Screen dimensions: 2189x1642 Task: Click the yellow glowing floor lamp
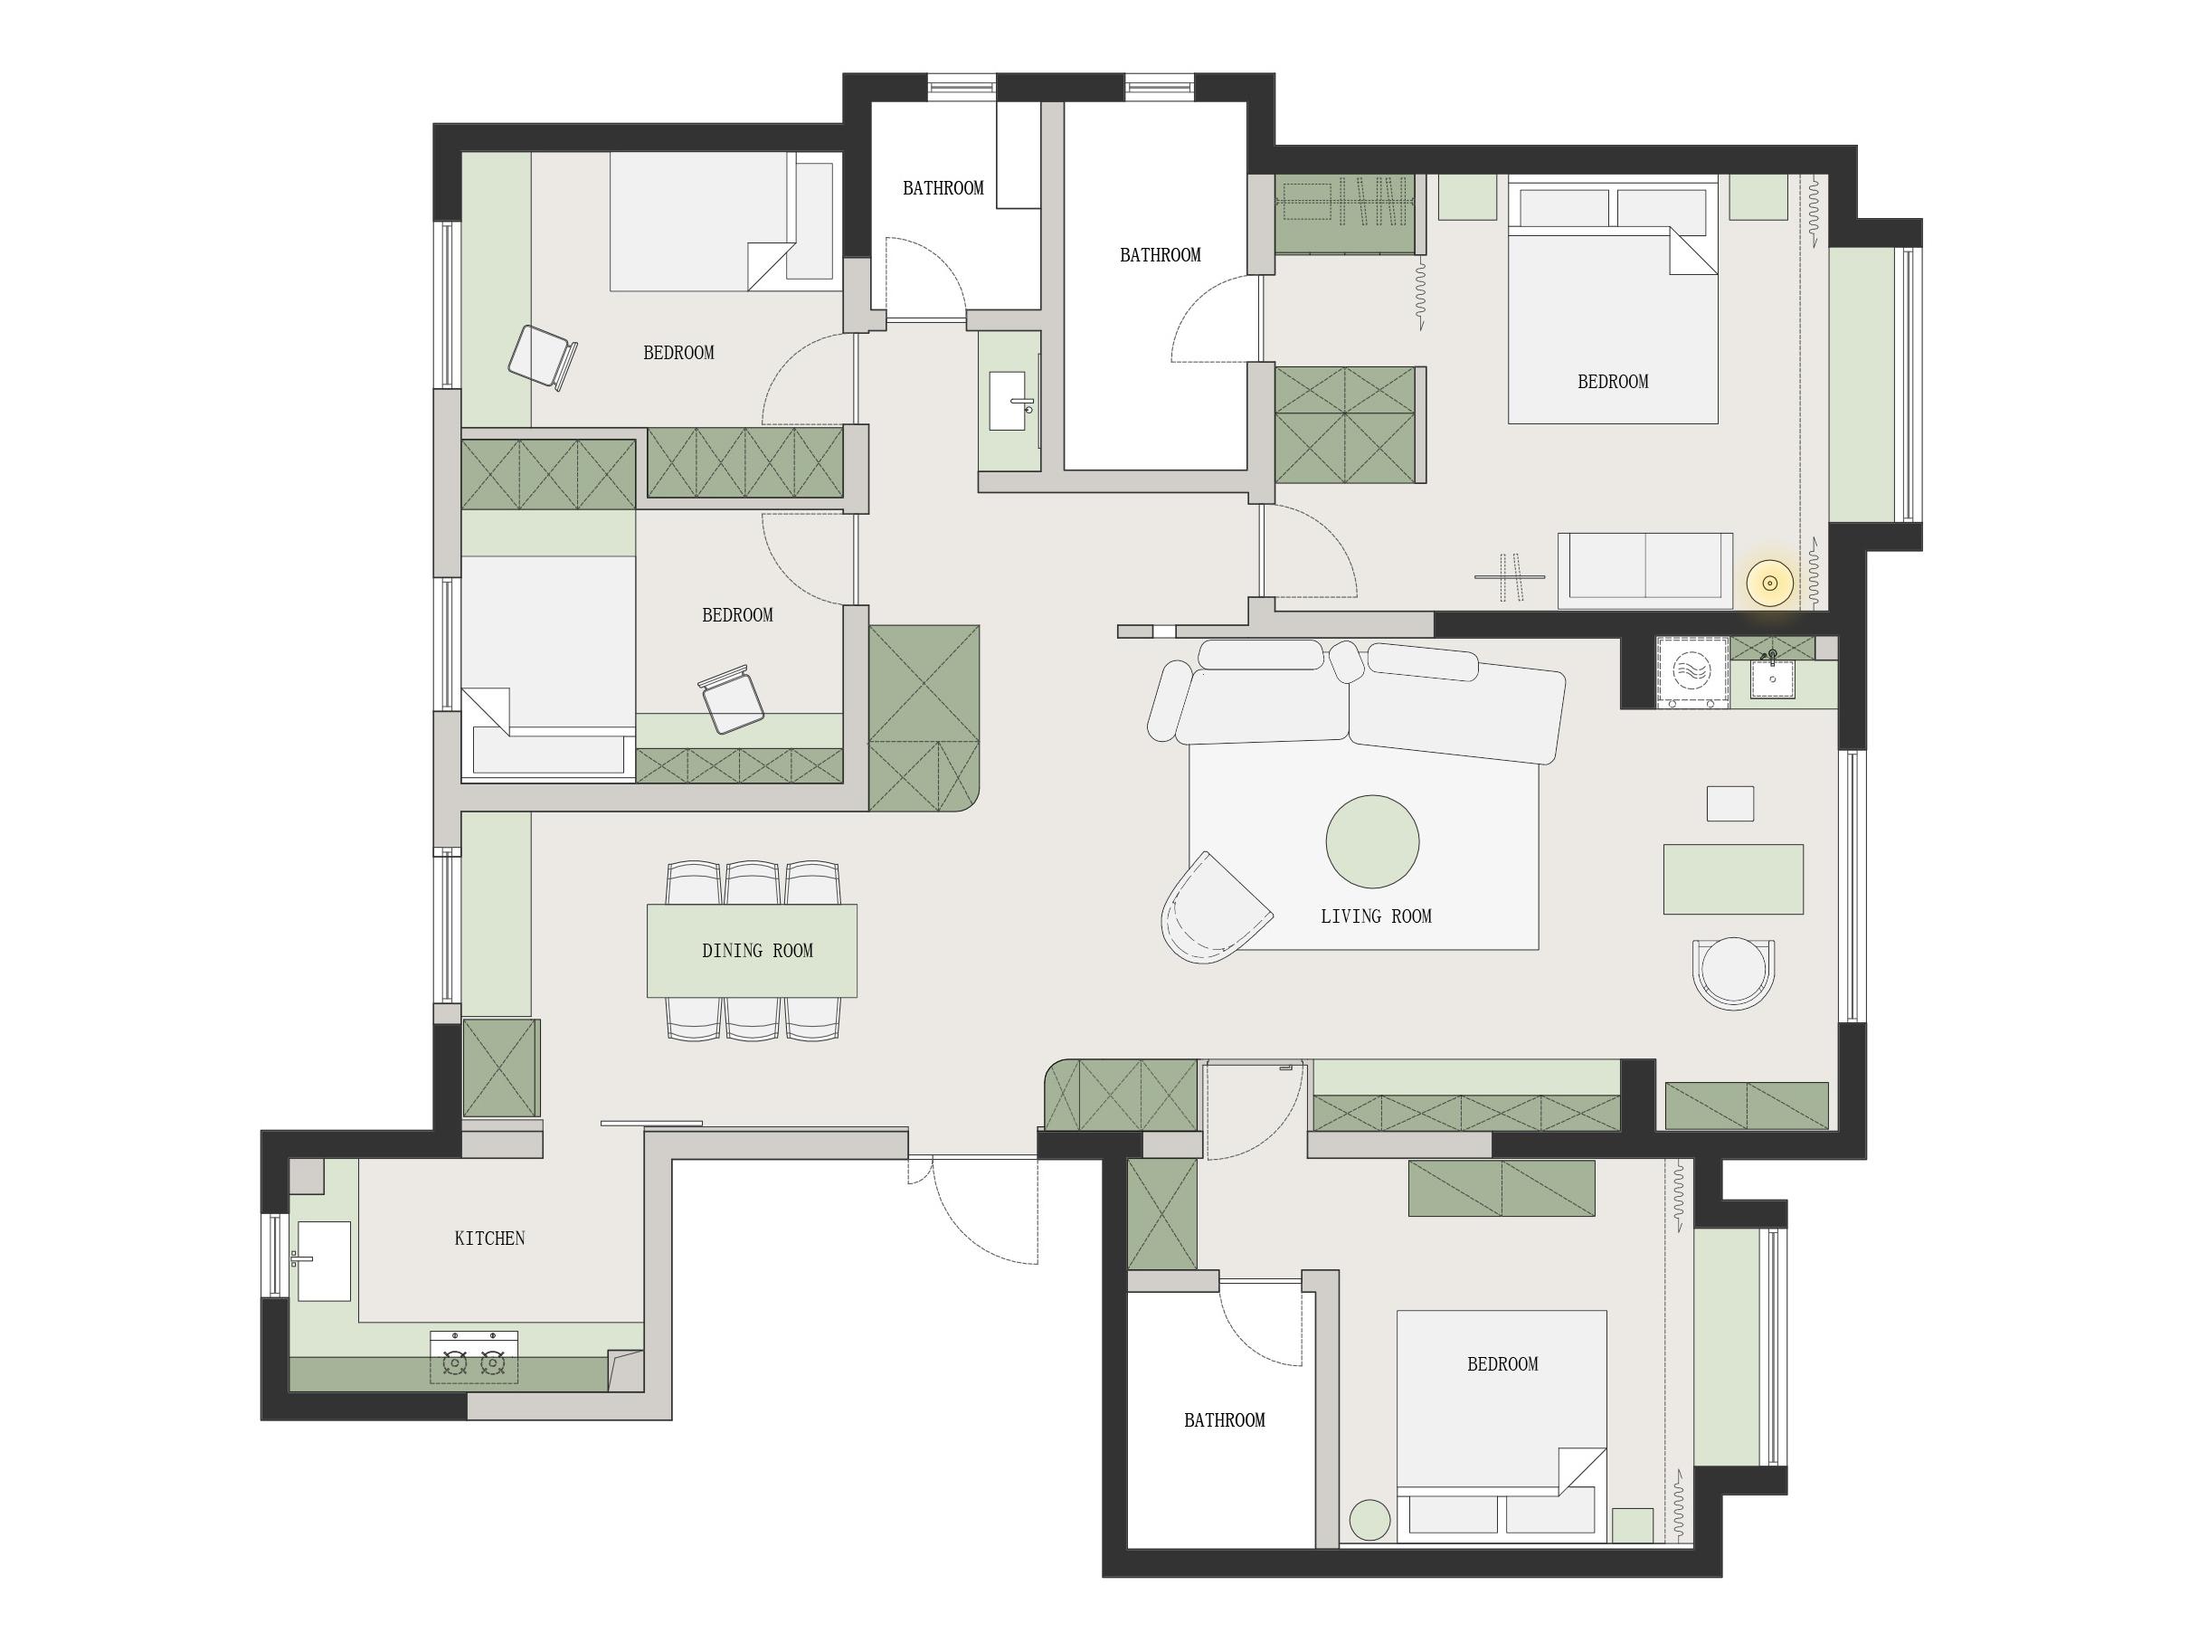click(1769, 583)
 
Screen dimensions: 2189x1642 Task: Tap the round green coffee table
click(1372, 841)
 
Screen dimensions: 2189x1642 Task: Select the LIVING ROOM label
click(1376, 916)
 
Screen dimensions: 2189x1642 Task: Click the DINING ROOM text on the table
click(757, 951)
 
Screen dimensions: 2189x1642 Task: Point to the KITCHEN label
click(490, 1239)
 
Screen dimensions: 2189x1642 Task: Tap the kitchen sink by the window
click(323, 1260)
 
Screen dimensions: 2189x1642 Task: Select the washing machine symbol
click(1692, 672)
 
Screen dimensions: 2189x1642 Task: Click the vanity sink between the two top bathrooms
click(1009, 401)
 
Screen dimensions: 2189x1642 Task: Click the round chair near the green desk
click(1733, 973)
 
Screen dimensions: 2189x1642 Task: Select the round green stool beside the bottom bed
click(1369, 1519)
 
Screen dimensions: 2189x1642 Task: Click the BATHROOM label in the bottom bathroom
click(1224, 1420)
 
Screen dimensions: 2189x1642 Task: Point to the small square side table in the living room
click(1729, 803)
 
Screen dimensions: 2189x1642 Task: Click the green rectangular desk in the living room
click(1733, 879)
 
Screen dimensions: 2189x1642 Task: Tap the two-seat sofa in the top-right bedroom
click(1644, 570)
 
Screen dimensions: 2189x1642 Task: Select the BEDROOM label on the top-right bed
click(1612, 382)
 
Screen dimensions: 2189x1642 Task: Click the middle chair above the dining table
click(752, 883)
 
